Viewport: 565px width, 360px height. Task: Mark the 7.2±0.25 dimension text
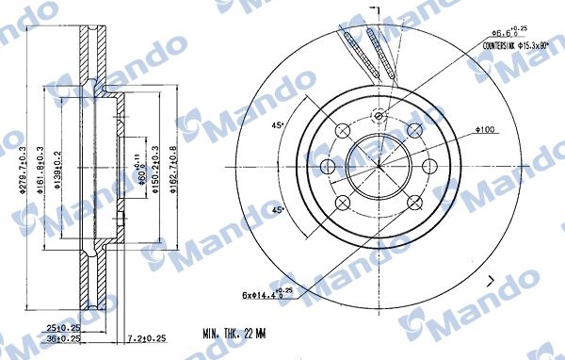tap(145, 337)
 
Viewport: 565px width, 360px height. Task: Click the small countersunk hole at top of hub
tap(379, 117)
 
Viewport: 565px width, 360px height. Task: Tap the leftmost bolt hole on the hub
tap(329, 166)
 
